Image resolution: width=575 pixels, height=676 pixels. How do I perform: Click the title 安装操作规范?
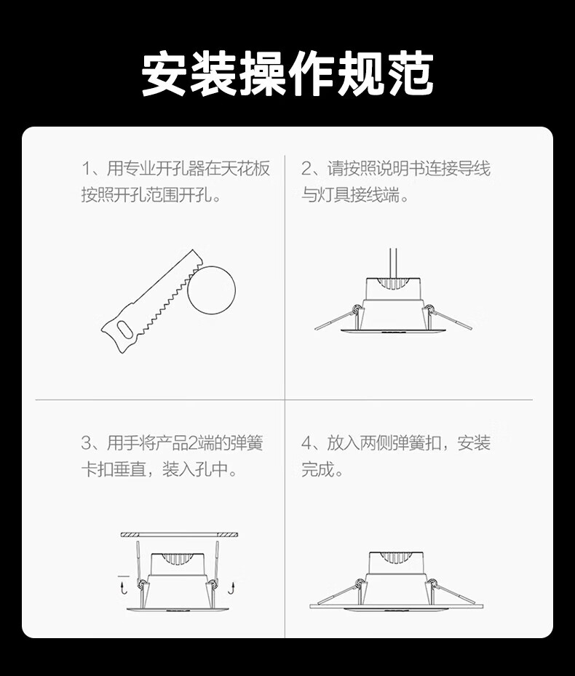click(x=287, y=74)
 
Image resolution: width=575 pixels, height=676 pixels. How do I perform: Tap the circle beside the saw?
click(x=211, y=290)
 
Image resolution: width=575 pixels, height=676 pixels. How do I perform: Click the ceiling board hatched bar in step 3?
click(x=179, y=535)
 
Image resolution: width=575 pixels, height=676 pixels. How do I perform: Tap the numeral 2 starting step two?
click(x=306, y=169)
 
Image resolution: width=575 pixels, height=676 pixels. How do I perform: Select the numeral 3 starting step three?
click(x=86, y=443)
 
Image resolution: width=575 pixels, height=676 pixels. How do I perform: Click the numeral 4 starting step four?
click(x=306, y=443)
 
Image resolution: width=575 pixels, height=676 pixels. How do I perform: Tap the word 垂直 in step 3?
click(x=130, y=469)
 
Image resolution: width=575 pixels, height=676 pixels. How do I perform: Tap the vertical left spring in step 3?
click(x=138, y=560)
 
